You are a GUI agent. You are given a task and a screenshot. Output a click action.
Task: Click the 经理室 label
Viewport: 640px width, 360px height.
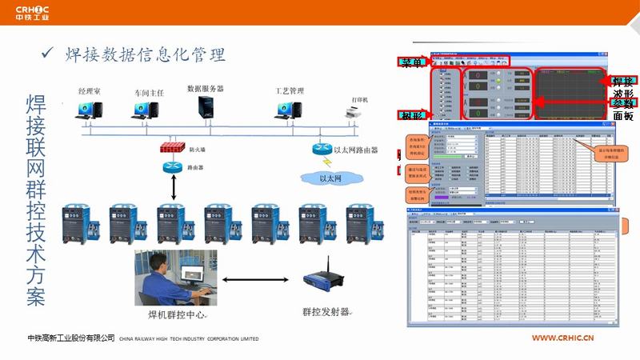pos(88,92)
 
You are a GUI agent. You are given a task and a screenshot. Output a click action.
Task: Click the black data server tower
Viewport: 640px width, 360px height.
pos(206,109)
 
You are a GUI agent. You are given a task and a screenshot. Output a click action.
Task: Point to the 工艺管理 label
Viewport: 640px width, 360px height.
pos(290,91)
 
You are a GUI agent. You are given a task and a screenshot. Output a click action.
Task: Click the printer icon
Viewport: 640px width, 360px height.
pos(355,116)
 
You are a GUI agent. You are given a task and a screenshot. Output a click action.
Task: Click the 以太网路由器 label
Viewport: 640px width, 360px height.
pos(355,150)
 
